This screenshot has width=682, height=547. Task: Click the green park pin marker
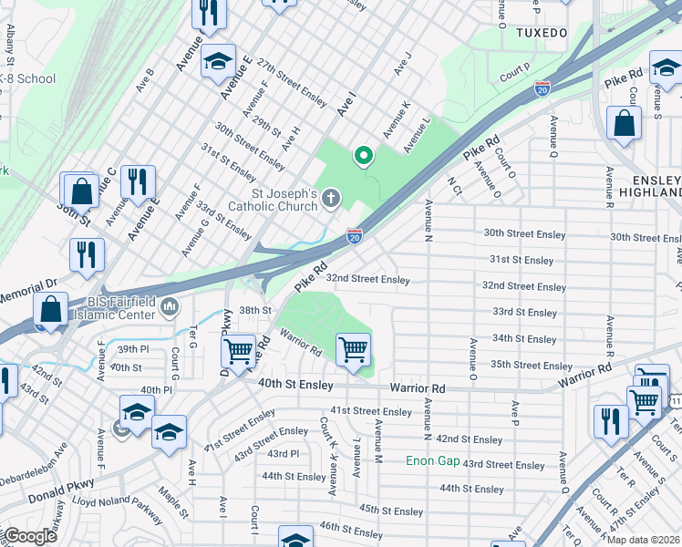point(364,156)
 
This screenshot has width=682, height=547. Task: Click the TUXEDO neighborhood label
point(542,32)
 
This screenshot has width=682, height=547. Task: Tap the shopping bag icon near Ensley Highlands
point(624,127)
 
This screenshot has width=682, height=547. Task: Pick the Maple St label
point(171,506)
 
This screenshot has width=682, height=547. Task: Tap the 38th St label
point(255,310)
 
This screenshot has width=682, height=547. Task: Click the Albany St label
point(10,44)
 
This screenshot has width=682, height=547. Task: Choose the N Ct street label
point(455,185)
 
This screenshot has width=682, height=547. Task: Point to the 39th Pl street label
point(132,349)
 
